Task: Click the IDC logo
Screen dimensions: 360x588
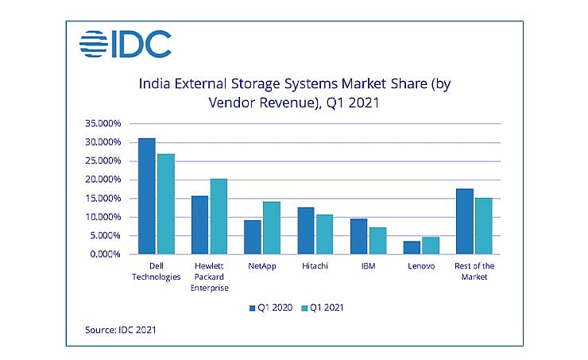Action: tap(126, 45)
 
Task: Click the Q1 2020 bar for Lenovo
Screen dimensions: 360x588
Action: tap(411, 247)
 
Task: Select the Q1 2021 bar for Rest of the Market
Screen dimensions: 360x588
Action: tap(483, 226)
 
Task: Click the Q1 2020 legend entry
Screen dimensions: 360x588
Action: tap(273, 306)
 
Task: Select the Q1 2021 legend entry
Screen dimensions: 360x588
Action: tap(328, 306)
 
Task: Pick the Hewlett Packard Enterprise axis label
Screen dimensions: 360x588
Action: tap(210, 275)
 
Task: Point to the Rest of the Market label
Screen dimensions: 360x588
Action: tap(474, 271)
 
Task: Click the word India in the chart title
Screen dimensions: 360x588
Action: tap(156, 82)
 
